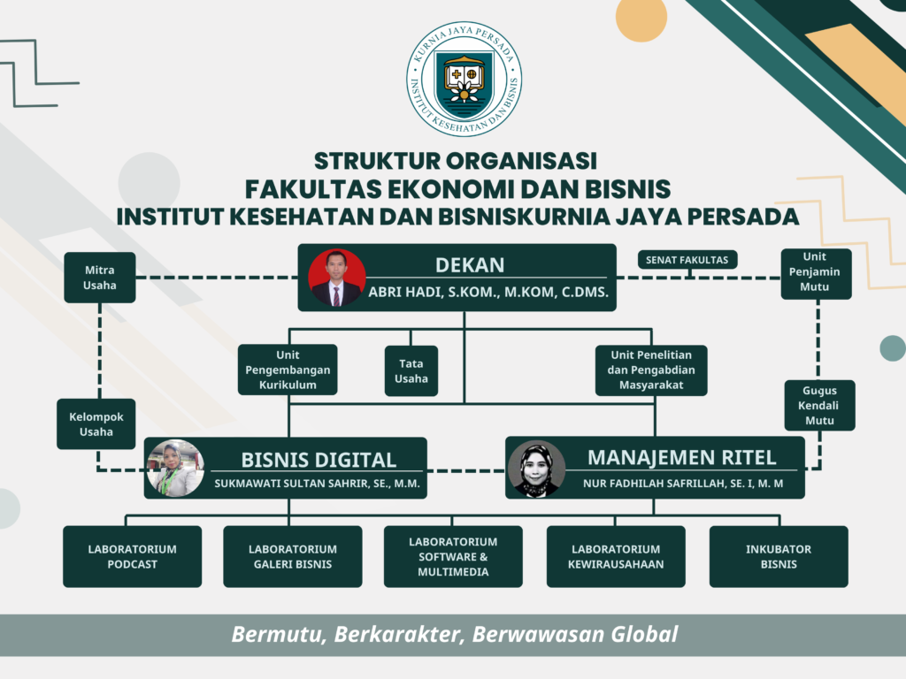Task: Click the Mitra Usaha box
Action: point(100,278)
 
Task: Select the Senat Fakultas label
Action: point(687,260)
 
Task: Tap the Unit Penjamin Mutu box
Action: point(816,274)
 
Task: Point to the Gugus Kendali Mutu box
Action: point(819,405)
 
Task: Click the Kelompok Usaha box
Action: point(96,423)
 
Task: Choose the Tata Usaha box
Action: point(411,370)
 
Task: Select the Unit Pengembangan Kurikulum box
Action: point(288,370)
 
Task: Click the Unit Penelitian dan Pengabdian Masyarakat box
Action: point(651,370)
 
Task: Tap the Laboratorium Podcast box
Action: point(133,557)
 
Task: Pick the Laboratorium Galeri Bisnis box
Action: point(293,557)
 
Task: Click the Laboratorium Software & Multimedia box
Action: point(453,557)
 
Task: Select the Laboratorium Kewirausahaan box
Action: point(616,557)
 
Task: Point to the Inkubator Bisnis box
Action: point(779,557)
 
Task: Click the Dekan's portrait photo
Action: point(337,278)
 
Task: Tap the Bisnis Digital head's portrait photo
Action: point(174,469)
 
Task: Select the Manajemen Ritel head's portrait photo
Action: point(536,469)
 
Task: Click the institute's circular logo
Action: point(464,80)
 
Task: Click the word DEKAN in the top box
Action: point(470,265)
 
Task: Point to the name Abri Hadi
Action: point(405,292)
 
